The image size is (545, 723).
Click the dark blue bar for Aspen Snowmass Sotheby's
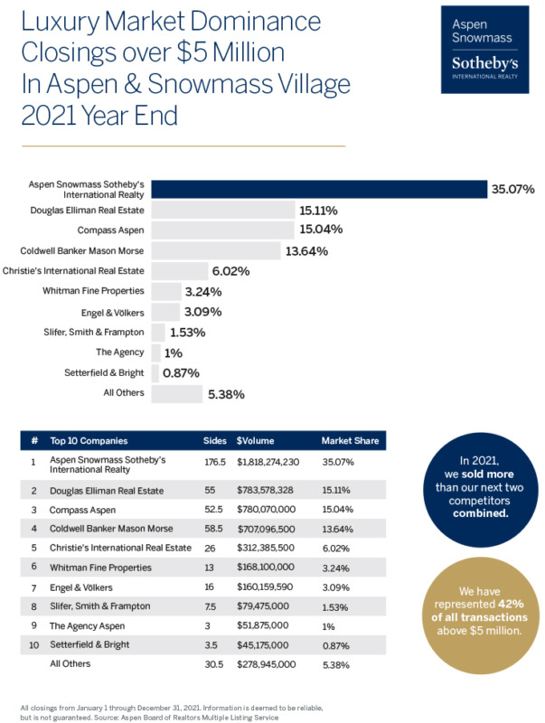[317, 189]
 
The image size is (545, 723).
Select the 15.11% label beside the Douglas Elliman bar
[321, 210]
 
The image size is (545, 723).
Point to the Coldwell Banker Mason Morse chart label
[82, 250]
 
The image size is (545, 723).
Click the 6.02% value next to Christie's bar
[230, 270]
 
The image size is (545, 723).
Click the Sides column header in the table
[214, 441]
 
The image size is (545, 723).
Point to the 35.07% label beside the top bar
[512, 189]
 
